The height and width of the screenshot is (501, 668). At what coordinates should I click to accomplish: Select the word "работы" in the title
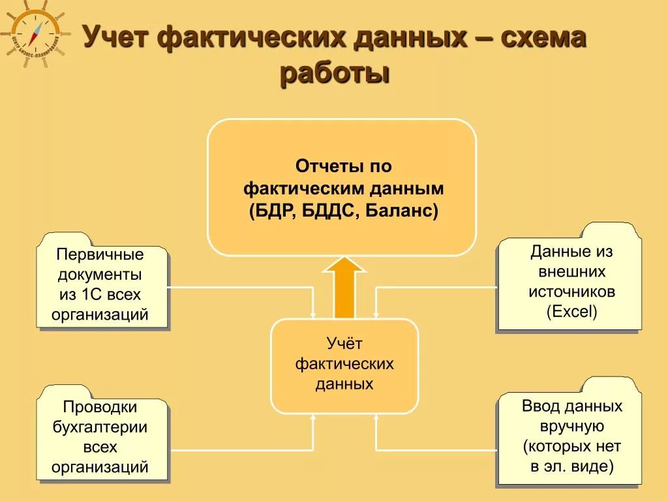335,72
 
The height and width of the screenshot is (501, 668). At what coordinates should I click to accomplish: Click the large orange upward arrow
344,287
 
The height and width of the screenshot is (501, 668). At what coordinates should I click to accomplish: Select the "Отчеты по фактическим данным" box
342,187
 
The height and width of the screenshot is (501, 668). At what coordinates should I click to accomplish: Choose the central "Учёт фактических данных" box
344,365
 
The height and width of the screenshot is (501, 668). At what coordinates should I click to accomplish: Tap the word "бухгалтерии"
100,427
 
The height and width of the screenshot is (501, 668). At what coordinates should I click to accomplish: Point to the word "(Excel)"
571,312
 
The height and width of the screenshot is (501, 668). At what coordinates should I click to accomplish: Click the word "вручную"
571,427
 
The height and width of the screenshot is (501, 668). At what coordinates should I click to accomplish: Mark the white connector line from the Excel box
437,287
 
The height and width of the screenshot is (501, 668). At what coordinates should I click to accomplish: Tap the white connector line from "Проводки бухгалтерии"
241,450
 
